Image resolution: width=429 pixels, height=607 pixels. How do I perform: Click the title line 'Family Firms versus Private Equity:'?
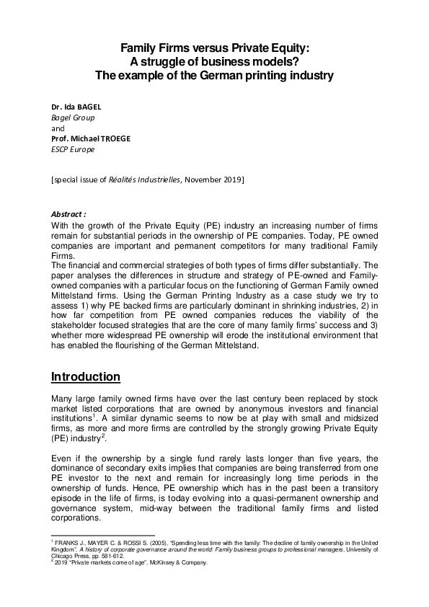pos(214,48)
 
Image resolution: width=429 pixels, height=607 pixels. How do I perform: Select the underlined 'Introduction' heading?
pos(86,377)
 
